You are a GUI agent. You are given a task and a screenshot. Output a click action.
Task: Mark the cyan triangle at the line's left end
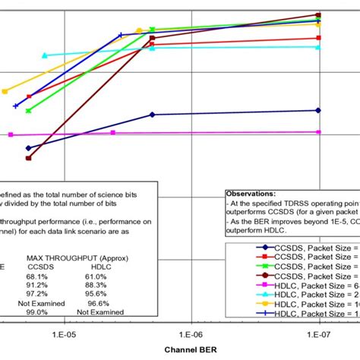45,55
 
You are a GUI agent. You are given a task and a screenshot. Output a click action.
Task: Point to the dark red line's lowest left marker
29,158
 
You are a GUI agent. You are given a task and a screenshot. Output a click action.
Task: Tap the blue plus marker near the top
122,34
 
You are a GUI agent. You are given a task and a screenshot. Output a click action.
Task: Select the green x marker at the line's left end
29,111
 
